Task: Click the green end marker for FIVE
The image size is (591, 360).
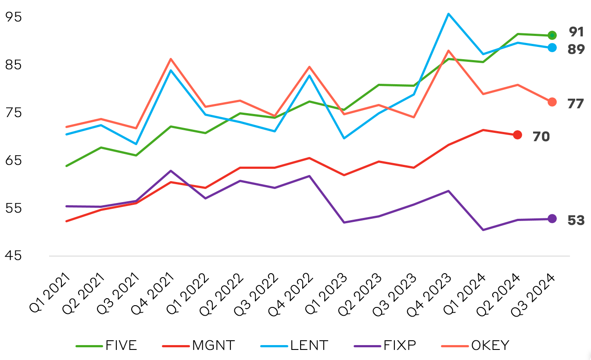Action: [552, 35]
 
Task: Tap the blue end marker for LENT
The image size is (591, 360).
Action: [552, 47]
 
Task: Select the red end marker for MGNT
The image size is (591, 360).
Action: [517, 135]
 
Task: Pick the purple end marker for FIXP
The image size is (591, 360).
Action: [552, 218]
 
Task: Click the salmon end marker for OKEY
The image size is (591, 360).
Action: [552, 102]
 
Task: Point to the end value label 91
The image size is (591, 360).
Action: [576, 32]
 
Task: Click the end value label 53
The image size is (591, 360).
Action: [576, 220]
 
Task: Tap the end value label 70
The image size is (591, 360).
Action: [541, 136]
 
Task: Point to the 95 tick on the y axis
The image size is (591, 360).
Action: [13, 17]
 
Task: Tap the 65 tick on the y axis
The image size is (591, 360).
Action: [13, 160]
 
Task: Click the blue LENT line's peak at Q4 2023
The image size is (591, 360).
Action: [448, 14]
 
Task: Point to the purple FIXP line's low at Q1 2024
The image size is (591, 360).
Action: [483, 230]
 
